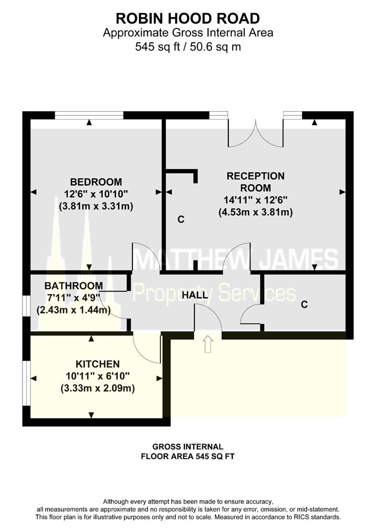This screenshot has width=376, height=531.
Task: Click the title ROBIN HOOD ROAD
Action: pyautogui.click(x=188, y=19)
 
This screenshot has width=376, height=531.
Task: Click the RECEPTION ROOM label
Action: pyautogui.click(x=255, y=181)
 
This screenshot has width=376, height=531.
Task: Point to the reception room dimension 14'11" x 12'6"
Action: pyautogui.click(x=255, y=200)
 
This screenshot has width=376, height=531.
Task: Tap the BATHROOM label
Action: pyautogui.click(x=74, y=286)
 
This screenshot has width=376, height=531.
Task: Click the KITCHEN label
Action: pyautogui.click(x=97, y=364)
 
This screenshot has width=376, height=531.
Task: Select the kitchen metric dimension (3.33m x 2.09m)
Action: pyautogui.click(x=97, y=388)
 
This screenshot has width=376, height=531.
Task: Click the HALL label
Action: pyautogui.click(x=195, y=295)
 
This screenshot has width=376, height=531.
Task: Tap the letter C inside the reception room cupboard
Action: pyautogui.click(x=181, y=220)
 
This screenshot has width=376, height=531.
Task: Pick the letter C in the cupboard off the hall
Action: pyautogui.click(x=304, y=305)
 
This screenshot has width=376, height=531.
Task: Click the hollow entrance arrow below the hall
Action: pyautogui.click(x=208, y=344)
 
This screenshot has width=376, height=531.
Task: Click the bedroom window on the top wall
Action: pyautogui.click(x=89, y=115)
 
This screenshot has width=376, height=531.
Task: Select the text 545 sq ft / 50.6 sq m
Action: pyautogui.click(x=188, y=47)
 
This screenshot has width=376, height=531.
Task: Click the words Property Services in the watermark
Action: pyautogui.click(x=215, y=294)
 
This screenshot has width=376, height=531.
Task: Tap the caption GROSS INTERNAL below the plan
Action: pyautogui.click(x=188, y=447)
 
